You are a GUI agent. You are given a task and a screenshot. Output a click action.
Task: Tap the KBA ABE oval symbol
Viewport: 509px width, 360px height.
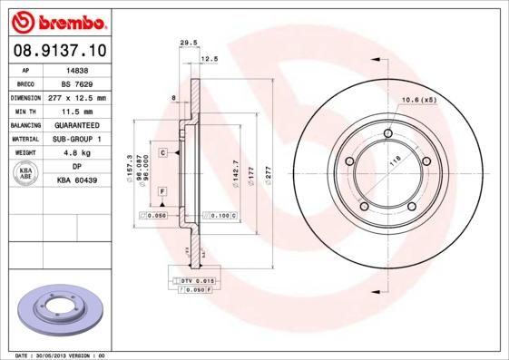26,173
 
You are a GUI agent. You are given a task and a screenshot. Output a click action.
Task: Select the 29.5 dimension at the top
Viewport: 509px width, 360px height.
189,42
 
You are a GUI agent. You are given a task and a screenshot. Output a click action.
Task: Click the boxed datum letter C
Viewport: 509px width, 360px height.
162,152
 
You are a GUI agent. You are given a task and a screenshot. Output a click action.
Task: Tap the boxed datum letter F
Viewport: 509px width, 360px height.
162,191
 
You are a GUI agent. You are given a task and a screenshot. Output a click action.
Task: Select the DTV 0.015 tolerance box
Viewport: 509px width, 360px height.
197,282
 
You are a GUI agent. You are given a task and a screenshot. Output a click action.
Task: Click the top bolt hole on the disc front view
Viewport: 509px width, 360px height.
387,135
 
